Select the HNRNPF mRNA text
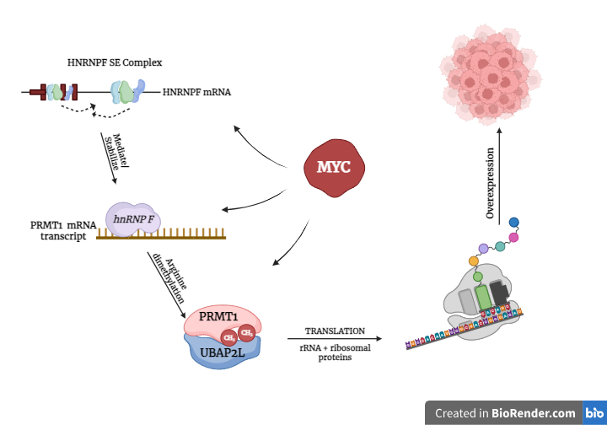[x=197, y=90]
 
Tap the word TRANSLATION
[x=335, y=331]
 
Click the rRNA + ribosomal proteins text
[x=335, y=352]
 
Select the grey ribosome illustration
[x=481, y=296]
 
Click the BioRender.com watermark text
[x=506, y=413]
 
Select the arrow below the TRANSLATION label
[x=335, y=341]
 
